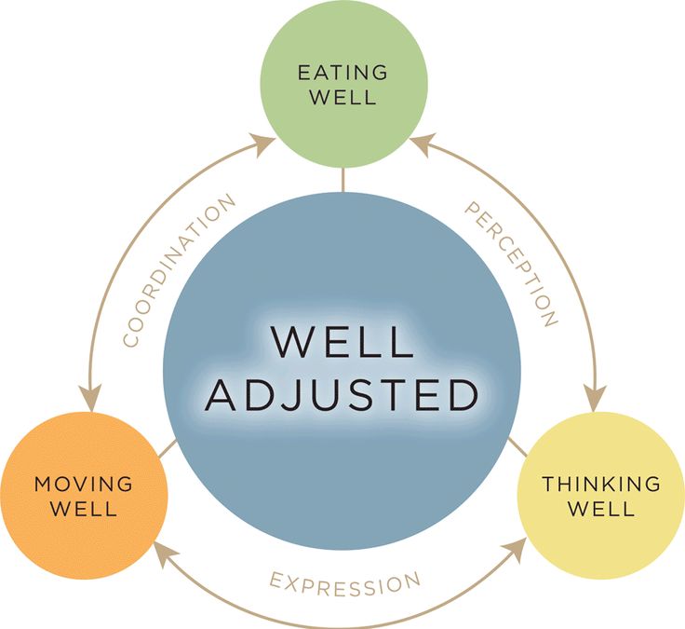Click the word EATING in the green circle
pos(342,73)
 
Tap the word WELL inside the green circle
pos(342,97)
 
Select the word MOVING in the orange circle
pos(84,484)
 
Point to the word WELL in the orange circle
pos(84,509)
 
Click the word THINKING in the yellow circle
pos(601,484)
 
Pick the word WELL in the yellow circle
pos(601,509)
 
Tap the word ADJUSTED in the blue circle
pos(342,395)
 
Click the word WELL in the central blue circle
pos(342,343)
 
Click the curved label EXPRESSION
pos(344,583)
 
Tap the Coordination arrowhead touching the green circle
pos(267,141)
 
